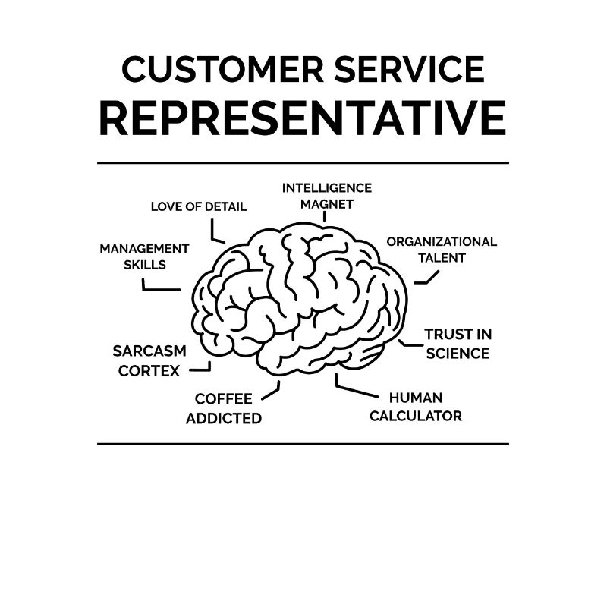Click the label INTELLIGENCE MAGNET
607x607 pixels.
tap(327, 196)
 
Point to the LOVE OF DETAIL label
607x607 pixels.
tap(199, 206)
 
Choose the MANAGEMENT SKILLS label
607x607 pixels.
tap(144, 256)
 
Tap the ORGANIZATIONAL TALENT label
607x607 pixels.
tap(442, 250)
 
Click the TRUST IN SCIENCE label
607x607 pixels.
tap(458, 344)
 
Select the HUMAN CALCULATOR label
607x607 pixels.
tap(416, 407)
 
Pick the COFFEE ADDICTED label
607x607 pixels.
tap(224, 408)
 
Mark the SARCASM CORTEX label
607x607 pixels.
tap(149, 361)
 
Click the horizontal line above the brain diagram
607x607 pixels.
tap(303, 162)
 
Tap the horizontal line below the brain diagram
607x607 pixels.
tap(303, 444)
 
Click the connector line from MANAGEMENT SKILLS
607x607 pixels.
tap(160, 289)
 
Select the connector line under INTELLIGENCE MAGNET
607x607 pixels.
tap(325, 216)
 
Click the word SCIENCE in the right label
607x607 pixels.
tap(458, 354)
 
